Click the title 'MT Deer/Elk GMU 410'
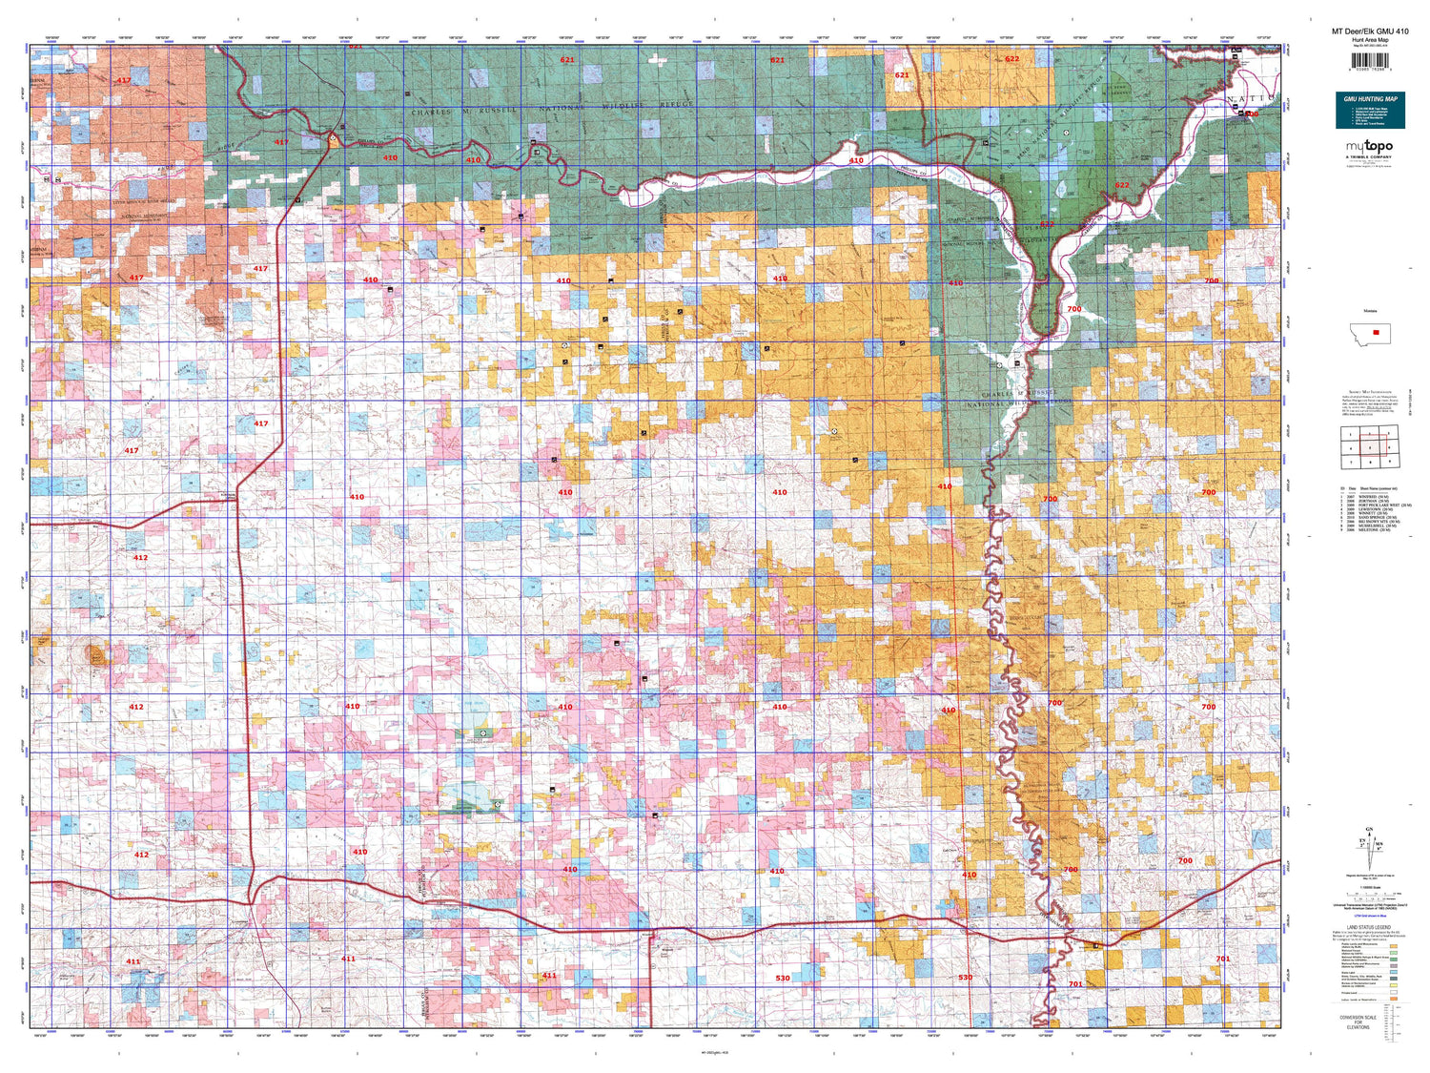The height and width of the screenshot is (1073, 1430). pyautogui.click(x=1369, y=31)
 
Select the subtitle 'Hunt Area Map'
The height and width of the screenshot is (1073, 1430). pyautogui.click(x=1369, y=40)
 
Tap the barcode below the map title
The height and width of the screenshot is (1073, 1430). pyautogui.click(x=1369, y=63)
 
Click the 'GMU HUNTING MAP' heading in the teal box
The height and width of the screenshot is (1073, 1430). pyautogui.click(x=1370, y=99)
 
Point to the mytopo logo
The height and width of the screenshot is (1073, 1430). pyautogui.click(x=1369, y=147)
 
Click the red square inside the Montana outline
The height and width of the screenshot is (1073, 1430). pyautogui.click(x=1376, y=332)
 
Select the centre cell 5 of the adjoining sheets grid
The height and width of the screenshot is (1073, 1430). pyautogui.click(x=1370, y=446)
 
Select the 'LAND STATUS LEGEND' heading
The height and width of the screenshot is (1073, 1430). pyautogui.click(x=1369, y=927)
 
